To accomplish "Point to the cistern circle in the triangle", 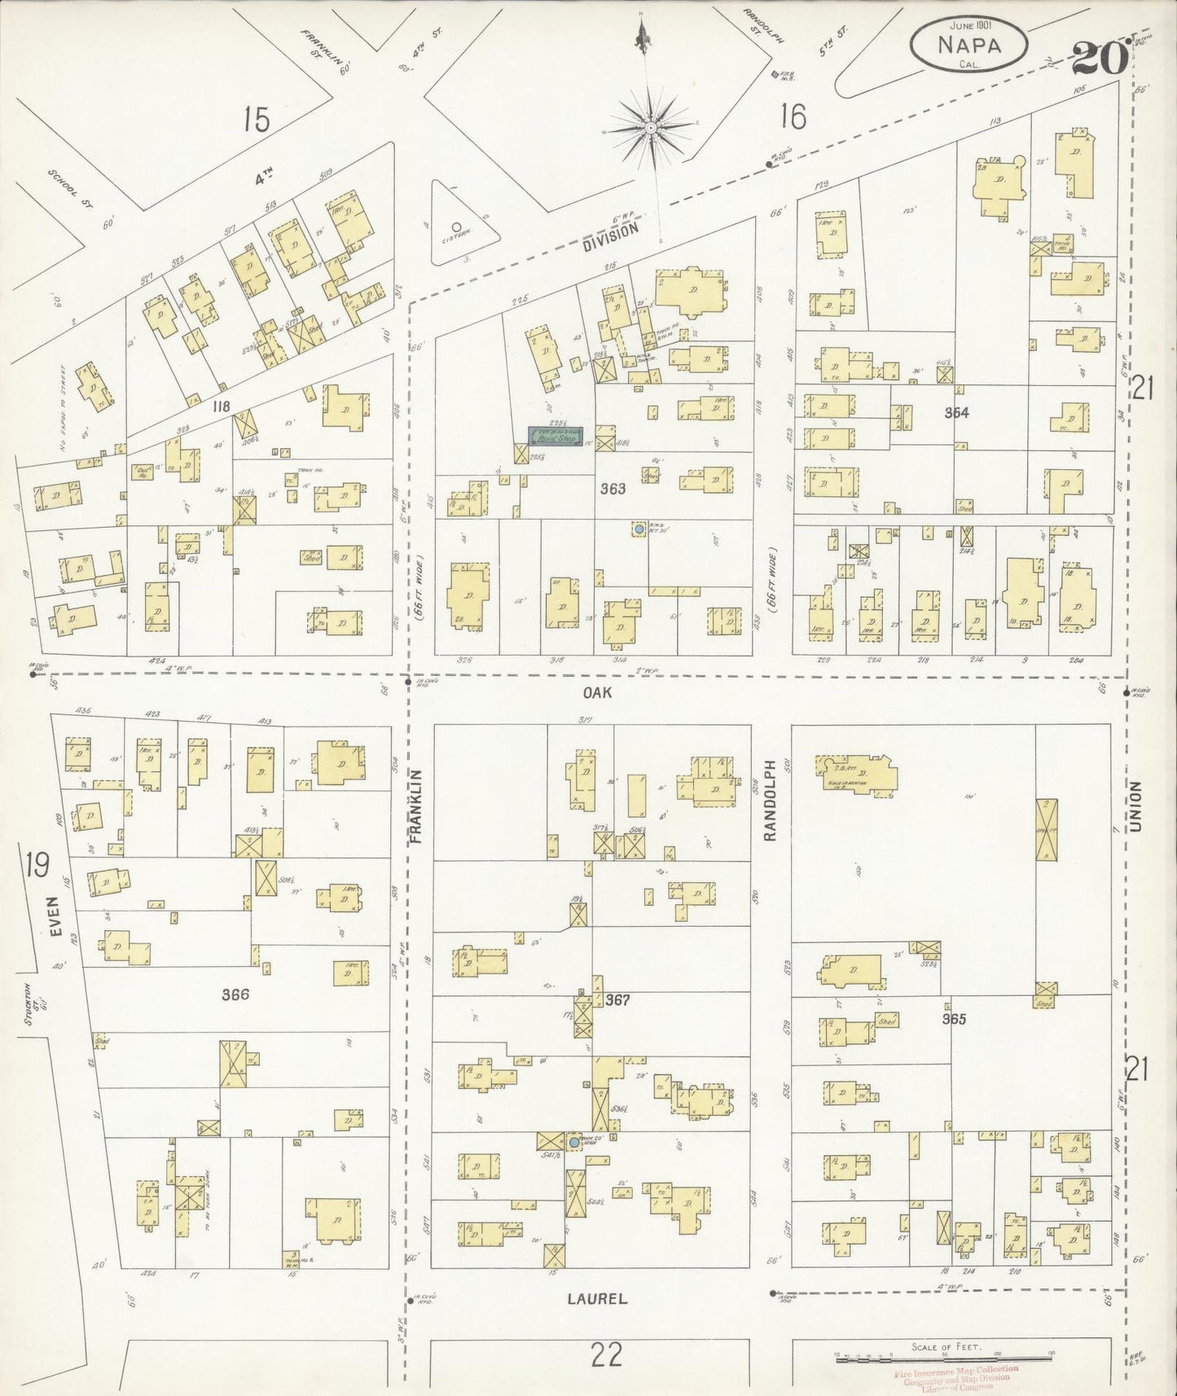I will (x=456, y=228).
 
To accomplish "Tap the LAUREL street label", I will (x=597, y=1299).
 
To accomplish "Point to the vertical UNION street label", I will (x=1137, y=807).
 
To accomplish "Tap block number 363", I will (x=613, y=489).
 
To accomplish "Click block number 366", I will (x=235, y=994).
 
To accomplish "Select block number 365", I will (x=954, y=1018).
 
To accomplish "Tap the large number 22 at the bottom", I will (x=606, y=1355).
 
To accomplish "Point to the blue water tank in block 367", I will (x=575, y=1143).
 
